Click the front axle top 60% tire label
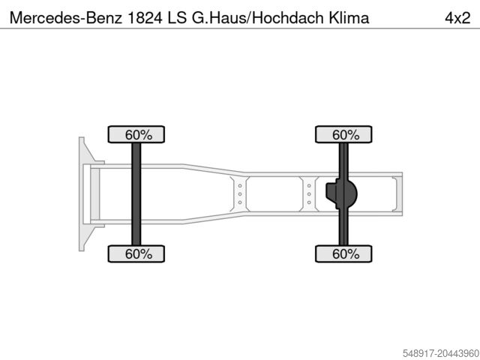(137, 135)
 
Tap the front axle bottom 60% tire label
(137, 254)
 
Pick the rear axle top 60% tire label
(345, 135)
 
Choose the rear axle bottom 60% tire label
(345, 254)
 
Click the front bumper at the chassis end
(82, 194)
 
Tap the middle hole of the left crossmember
(240, 194)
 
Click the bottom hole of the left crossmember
(240, 203)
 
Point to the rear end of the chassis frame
(400, 194)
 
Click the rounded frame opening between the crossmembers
(274, 194)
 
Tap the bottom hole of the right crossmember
(308, 203)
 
